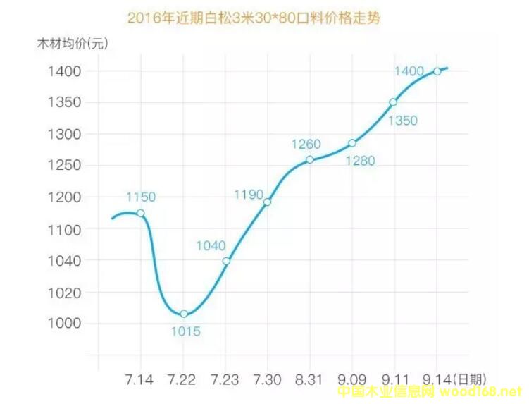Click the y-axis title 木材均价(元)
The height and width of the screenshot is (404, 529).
coord(73,44)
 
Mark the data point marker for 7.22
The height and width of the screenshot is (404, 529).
coord(184,314)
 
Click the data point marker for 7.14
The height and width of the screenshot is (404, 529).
coord(141,213)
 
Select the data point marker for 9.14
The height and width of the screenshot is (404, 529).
coord(437,71)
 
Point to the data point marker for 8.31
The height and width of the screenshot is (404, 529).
coord(309,159)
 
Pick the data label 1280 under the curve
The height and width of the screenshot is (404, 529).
coord(360,161)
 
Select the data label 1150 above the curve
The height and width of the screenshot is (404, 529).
coord(141,197)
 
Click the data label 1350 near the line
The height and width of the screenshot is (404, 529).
coord(403,121)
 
